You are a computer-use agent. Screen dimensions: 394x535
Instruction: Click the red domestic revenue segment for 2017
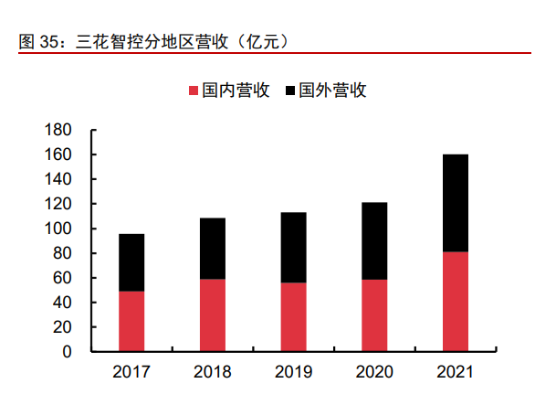[131, 321]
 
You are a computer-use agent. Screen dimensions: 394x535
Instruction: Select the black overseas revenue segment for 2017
[131, 262]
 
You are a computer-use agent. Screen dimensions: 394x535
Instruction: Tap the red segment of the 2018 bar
[212, 314]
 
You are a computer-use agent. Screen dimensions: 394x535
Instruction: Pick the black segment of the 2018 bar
[212, 248]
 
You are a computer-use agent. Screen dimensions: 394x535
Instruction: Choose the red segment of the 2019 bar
[293, 316]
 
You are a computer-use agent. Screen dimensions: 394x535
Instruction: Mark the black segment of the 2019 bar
[293, 247]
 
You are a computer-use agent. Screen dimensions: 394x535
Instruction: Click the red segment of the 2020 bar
[373, 315]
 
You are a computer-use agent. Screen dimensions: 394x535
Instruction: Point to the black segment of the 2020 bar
[373, 240]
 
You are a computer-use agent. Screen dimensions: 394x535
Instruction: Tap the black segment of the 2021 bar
[455, 203]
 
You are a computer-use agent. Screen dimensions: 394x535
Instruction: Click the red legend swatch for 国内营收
[193, 91]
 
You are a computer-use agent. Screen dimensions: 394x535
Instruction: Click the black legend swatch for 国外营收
[291, 91]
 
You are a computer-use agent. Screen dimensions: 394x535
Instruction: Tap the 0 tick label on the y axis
[67, 352]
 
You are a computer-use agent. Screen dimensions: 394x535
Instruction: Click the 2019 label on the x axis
[293, 372]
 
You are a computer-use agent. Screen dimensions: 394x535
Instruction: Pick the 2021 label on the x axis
[455, 372]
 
